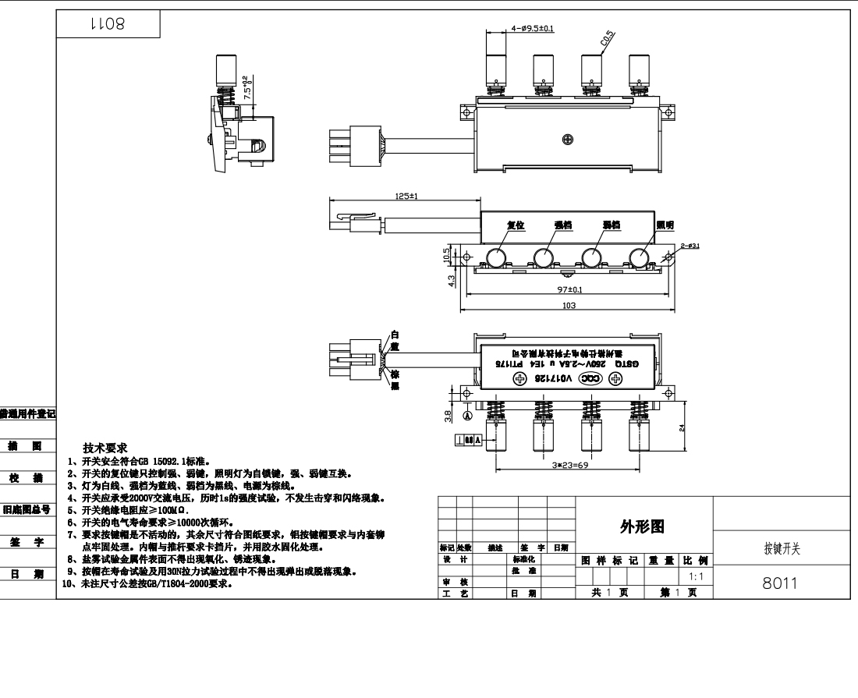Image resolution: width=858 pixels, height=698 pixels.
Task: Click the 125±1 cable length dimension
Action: [406, 197]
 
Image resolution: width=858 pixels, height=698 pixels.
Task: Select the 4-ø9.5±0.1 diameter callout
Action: [533, 29]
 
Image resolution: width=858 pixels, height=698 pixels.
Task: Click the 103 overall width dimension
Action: [569, 306]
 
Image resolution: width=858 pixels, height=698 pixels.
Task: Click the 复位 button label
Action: [516, 225]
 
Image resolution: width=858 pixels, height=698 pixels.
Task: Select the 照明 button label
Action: [665, 225]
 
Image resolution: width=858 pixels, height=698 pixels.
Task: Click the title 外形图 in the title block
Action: [642, 527]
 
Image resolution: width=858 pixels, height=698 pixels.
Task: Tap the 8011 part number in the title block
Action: [780, 583]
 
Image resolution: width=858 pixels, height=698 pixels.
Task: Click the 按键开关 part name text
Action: [781, 549]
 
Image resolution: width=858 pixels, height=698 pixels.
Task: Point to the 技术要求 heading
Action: [105, 448]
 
